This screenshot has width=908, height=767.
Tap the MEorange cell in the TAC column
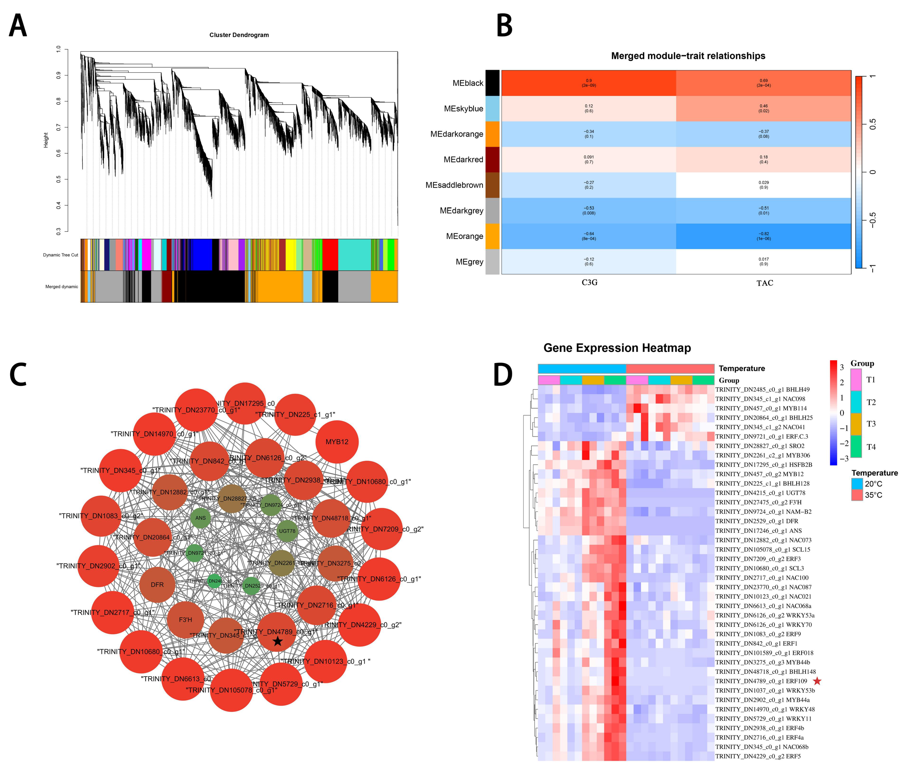click(763, 236)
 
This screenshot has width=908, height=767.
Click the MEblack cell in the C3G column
click(588, 83)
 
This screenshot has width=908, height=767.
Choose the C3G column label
click(589, 283)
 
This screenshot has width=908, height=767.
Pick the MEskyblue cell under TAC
click(763, 108)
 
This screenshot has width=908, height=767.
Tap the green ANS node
click(200, 518)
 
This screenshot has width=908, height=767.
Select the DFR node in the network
click(157, 585)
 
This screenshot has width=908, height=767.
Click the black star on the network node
click(277, 641)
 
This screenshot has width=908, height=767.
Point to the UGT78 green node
click(287, 531)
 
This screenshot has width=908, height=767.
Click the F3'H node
click(186, 620)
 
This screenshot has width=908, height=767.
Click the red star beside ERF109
click(817, 681)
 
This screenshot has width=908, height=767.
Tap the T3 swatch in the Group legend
click(856, 424)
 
